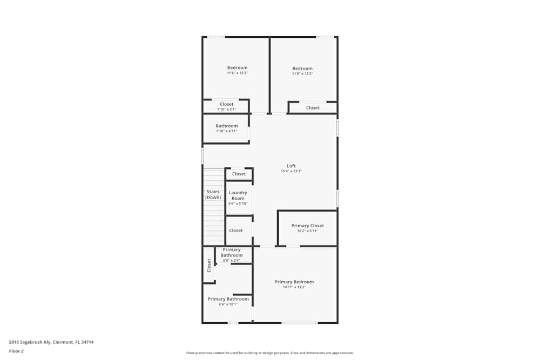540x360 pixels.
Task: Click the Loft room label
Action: point(291,166)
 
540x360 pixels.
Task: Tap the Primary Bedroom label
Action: point(294,282)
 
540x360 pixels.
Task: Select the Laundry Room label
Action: point(238,195)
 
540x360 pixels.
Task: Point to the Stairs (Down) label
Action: point(213,194)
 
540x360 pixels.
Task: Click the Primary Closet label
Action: point(307,226)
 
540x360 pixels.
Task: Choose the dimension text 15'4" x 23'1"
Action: point(291,171)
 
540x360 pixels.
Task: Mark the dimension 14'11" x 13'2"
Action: point(294,287)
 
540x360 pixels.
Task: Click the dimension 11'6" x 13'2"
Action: point(237,73)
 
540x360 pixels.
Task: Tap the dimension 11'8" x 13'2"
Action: point(302,73)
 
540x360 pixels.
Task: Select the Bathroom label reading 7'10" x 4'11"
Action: point(226,126)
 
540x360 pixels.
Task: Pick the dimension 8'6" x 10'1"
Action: point(228,304)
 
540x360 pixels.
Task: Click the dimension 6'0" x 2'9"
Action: point(231,261)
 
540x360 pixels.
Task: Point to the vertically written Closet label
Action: point(209,265)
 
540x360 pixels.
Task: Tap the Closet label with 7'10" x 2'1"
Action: point(226,104)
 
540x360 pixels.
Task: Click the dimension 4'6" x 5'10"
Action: point(238,203)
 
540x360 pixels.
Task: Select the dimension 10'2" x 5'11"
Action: point(307,230)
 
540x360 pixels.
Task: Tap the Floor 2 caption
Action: point(16,351)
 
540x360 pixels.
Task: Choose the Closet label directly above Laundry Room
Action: point(239,174)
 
